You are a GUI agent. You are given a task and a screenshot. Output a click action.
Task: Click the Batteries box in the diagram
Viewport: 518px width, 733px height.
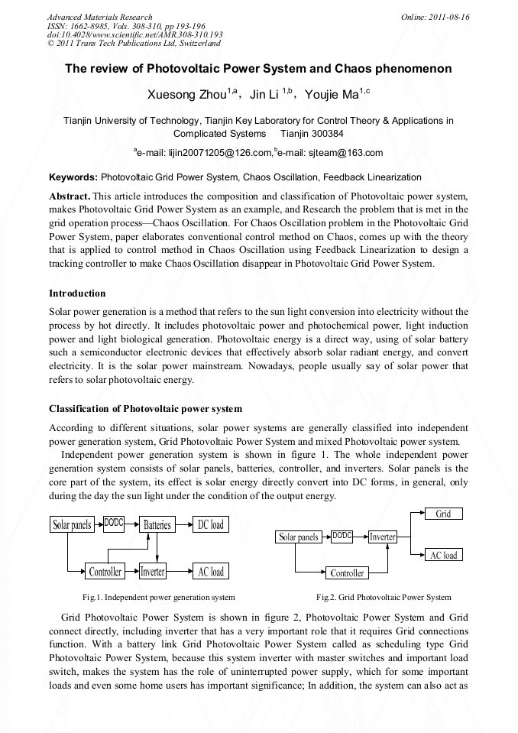click(157, 524)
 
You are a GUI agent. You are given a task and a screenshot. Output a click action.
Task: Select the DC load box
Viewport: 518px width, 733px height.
click(211, 524)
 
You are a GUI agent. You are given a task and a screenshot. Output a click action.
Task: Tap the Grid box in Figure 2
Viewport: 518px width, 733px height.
click(444, 514)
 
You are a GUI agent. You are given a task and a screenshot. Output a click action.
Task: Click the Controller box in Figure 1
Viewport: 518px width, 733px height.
click(105, 572)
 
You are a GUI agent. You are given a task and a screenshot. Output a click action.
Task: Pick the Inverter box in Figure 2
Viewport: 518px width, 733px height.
click(382, 537)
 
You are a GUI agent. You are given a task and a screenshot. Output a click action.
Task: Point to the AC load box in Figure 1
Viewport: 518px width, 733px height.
click(211, 572)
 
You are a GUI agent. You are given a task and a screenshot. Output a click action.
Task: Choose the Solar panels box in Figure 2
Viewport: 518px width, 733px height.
click(299, 537)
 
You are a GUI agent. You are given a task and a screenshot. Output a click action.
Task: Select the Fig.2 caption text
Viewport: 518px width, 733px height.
click(384, 597)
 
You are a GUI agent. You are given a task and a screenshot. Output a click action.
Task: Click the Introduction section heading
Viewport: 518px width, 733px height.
click(77, 294)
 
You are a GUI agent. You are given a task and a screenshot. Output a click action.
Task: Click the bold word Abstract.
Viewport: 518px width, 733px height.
click(70, 196)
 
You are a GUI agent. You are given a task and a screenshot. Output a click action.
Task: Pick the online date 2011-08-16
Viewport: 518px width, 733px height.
click(451, 17)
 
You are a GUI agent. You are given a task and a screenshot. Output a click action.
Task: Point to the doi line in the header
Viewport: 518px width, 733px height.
click(135, 35)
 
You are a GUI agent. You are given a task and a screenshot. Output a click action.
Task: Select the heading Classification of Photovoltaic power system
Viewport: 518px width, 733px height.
click(145, 408)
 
